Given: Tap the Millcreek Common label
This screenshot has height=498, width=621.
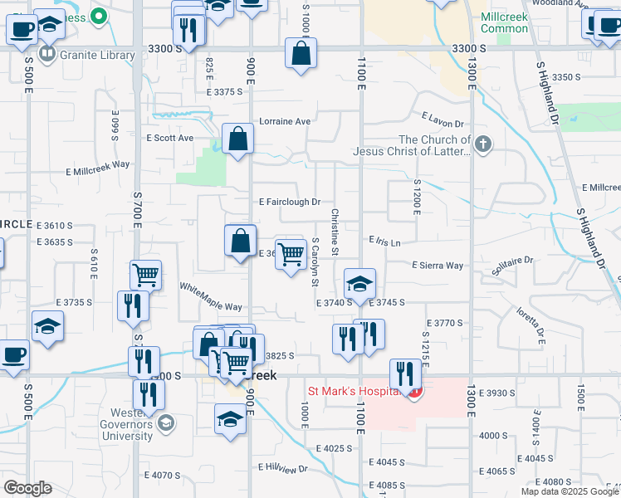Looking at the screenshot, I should click(x=504, y=22).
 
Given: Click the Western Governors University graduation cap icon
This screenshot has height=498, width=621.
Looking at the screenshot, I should click(x=165, y=422).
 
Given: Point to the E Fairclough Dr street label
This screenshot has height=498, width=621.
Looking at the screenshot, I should click(x=289, y=202).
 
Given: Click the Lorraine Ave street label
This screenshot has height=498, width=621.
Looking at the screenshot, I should click(x=285, y=121).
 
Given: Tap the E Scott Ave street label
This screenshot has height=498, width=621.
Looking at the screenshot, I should click(x=169, y=138).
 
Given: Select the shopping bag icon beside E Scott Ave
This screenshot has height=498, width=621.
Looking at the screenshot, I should click(x=238, y=140).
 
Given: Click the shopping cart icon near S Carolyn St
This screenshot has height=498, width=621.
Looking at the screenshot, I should click(x=291, y=255).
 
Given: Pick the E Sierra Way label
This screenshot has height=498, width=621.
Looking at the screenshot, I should click(x=438, y=266).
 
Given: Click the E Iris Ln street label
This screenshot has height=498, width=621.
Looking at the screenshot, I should click(x=385, y=242).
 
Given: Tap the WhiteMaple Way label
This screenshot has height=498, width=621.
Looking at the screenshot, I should click(x=211, y=296).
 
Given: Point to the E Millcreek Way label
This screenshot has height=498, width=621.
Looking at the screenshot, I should click(x=98, y=164).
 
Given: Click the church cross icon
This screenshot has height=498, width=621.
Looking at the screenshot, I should click(x=483, y=145).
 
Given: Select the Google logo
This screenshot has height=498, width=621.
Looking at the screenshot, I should click(x=27, y=488).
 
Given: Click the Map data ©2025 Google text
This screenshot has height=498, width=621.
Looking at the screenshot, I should click(x=569, y=491).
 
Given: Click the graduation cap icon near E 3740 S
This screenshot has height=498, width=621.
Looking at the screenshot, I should click(x=359, y=284).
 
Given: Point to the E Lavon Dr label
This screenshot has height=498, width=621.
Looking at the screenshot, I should click(x=442, y=121).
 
